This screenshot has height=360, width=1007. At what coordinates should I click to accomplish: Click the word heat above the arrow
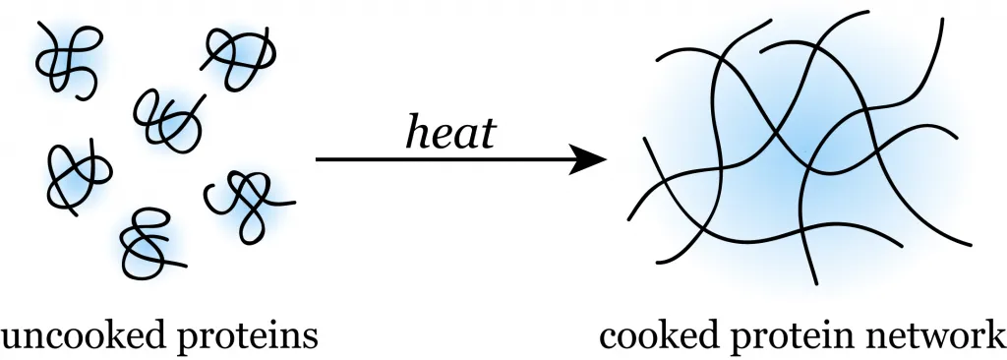[450, 130]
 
